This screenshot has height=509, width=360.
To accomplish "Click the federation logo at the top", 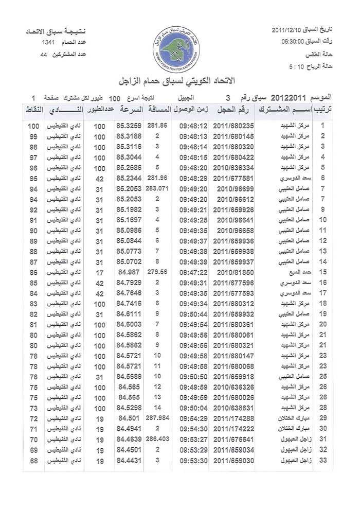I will click(179, 49).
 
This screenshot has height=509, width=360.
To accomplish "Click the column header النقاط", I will click(33, 110).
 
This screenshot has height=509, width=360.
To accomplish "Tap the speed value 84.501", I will click(130, 418).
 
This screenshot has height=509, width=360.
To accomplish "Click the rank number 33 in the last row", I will click(323, 460).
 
